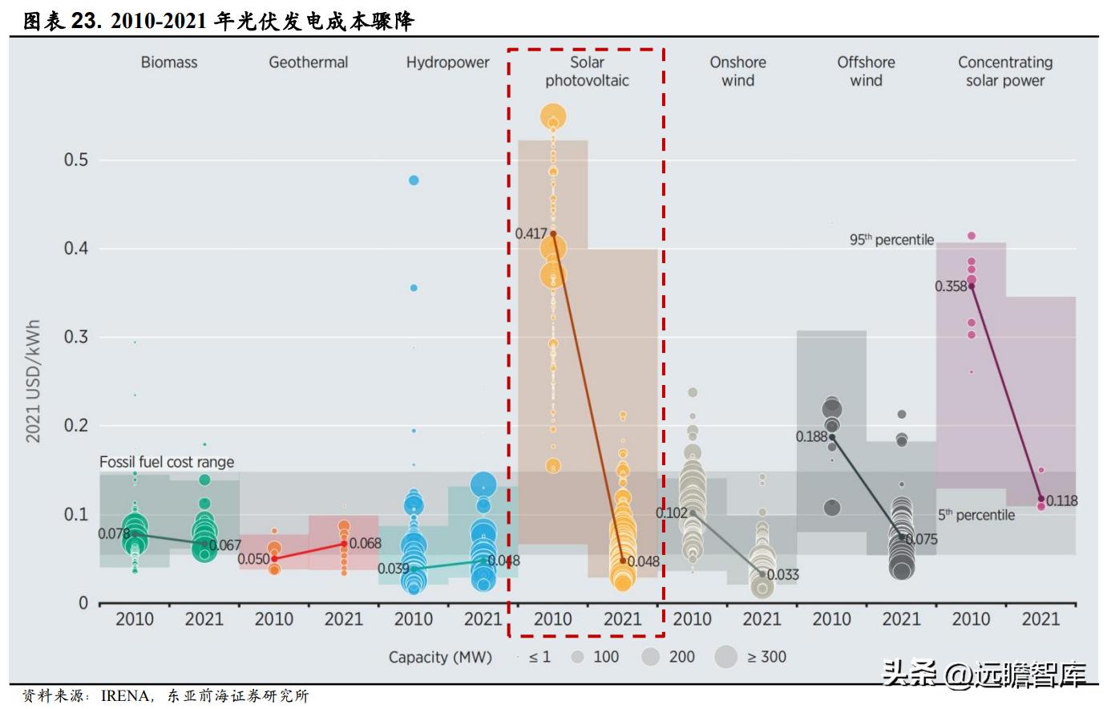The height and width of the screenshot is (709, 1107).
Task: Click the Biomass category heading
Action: pos(168,63)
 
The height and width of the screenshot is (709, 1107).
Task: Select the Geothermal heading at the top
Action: pos(308,63)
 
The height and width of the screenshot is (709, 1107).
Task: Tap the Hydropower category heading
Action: pos(447,63)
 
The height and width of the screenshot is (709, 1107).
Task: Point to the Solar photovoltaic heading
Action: pos(587,71)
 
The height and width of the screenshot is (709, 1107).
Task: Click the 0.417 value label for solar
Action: pos(531,233)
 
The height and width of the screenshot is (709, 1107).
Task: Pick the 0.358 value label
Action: pos(951,286)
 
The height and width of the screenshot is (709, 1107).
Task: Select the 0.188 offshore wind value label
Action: pos(811,437)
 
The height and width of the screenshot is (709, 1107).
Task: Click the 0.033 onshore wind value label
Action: pos(783,574)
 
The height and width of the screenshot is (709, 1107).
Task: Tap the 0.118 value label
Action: pos(1062,500)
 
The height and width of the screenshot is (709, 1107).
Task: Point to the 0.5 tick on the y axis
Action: pos(76,160)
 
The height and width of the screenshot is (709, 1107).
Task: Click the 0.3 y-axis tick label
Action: pos(76,337)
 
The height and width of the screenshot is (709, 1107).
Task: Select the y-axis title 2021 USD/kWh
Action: pos(33,382)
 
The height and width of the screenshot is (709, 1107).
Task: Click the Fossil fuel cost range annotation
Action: pos(167,462)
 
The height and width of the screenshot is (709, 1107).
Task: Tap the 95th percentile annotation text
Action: pos(891,240)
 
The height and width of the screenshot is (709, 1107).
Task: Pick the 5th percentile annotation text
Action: pos(976,515)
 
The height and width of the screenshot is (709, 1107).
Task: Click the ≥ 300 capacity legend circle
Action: pos(726,657)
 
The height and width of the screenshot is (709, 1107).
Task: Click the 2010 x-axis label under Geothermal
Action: pos(274,619)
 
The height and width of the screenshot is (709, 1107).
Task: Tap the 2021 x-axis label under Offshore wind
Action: pos(901,619)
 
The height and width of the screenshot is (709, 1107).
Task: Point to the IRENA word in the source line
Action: pos(125,696)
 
